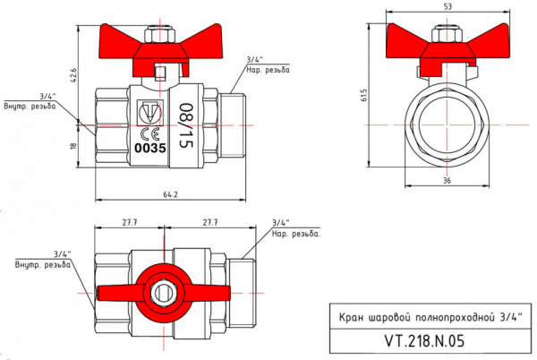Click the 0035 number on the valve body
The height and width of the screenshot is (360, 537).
coord(150,149)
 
